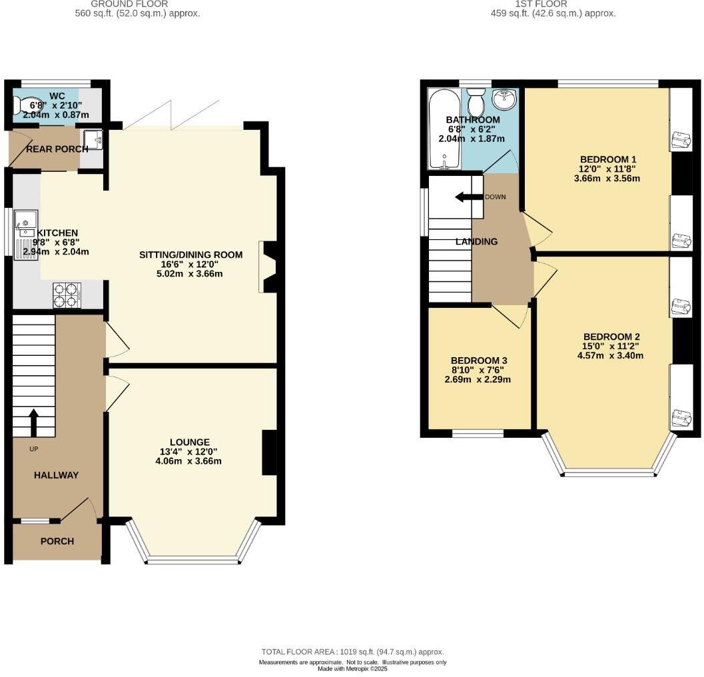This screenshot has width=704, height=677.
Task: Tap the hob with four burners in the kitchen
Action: pos(67,295)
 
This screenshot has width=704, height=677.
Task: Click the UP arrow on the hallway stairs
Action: pos(33,420)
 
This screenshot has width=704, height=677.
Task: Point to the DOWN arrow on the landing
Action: pos(469,197)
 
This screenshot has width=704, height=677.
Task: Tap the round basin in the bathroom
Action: pos(504,100)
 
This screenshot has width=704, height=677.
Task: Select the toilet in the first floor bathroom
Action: pos(476,103)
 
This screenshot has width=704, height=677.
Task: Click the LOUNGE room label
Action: pos(189,442)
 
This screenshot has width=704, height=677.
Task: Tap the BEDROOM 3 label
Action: pos(478,360)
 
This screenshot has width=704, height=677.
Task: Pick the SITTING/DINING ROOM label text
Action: pos(190,255)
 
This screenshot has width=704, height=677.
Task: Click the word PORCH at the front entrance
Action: pos(57,541)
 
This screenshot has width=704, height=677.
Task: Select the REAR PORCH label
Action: pos(57,149)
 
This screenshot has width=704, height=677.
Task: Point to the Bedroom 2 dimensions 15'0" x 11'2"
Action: pos(612,346)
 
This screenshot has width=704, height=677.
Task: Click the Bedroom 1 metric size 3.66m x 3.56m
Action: pos(608,178)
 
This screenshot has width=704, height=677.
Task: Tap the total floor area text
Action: pos(352,652)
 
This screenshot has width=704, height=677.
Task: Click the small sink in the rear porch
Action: pos(93,139)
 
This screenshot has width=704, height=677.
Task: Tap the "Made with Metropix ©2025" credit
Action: pos(352,668)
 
